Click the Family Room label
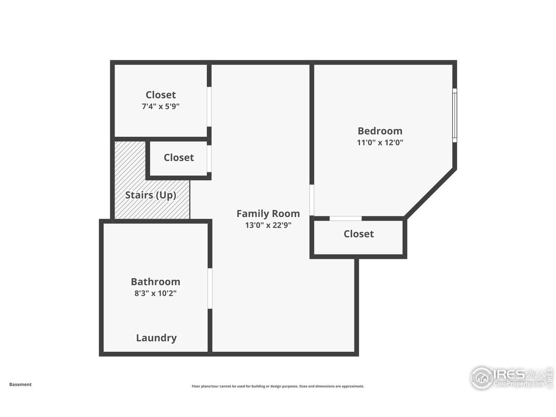pyautogui.click(x=268, y=213)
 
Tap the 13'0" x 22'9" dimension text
pyautogui.click(x=268, y=225)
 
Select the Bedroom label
pyautogui.click(x=380, y=131)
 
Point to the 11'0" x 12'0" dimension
pyautogui.click(x=380, y=142)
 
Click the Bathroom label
pyautogui.click(x=156, y=281)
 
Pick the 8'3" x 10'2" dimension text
pyautogui.click(x=156, y=293)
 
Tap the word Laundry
pyautogui.click(x=156, y=338)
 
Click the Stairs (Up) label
pyautogui.click(x=151, y=195)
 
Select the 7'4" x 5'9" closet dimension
pyautogui.click(x=160, y=106)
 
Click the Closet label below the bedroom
pyautogui.click(x=358, y=234)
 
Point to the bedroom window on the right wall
pyautogui.click(x=454, y=115)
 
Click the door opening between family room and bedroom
pyautogui.click(x=311, y=200)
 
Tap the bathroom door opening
pyautogui.click(x=209, y=289)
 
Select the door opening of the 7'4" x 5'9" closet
pyautogui.click(x=209, y=107)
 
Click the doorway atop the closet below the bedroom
pyautogui.click(x=345, y=218)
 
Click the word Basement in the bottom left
pyautogui.click(x=20, y=384)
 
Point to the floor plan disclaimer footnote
pyautogui.click(x=278, y=386)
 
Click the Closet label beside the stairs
pyautogui.click(x=179, y=158)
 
